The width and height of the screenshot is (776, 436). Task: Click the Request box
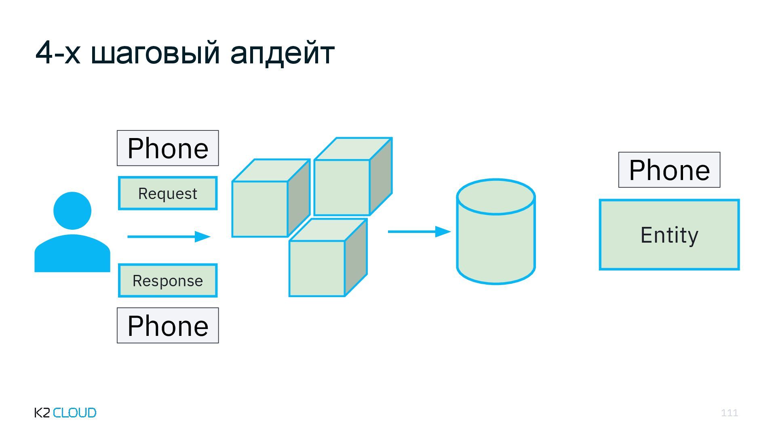168,193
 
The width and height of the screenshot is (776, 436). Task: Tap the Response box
168,281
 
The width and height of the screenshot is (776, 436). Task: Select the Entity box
669,235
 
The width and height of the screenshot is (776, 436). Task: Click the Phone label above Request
168,148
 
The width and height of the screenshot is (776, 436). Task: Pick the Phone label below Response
168,326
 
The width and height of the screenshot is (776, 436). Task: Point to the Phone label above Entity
669,170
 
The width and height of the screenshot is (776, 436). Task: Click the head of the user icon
72,210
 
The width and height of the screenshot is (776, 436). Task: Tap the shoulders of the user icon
72,254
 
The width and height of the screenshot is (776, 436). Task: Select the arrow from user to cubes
169,237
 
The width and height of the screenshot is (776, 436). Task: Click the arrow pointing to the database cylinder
419,232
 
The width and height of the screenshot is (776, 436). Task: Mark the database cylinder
496,232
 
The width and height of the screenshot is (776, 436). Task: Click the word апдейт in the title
282,53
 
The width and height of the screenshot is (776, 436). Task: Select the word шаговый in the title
155,53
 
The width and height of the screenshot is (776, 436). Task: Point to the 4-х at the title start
58,53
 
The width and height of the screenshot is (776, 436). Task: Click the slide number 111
729,413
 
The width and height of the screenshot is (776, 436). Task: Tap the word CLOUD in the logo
75,413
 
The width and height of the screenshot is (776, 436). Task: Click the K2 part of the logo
42,413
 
